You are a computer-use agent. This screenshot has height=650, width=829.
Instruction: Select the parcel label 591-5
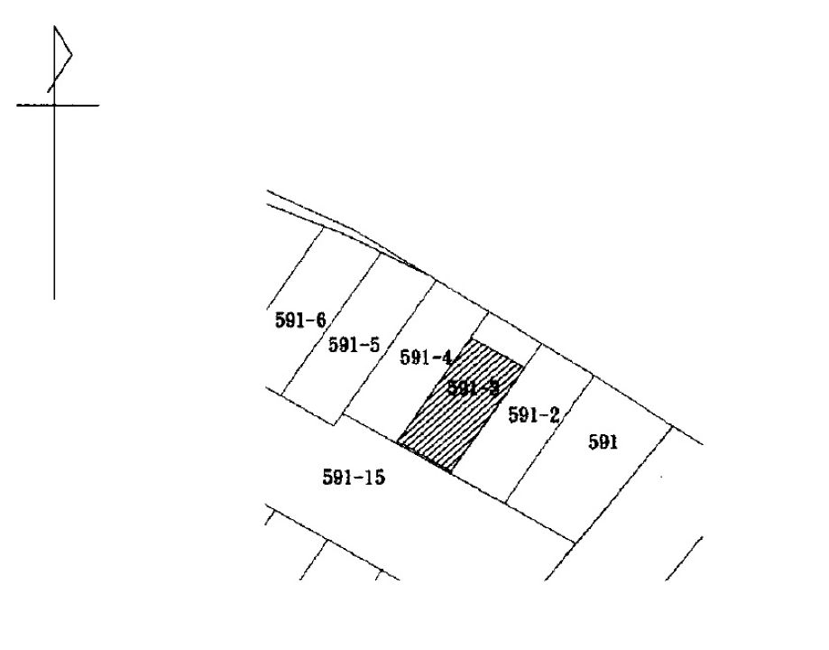pos(353,345)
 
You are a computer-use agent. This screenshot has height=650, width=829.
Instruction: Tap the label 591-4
pos(425,358)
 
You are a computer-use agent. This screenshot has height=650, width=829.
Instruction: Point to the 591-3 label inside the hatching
pos(473,389)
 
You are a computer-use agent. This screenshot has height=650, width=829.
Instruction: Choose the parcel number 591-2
pos(534,415)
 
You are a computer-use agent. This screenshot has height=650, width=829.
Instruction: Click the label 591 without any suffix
pos(603,442)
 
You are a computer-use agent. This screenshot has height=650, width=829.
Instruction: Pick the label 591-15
pos(354,478)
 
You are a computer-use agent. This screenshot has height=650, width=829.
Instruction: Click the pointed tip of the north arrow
pos(55,27)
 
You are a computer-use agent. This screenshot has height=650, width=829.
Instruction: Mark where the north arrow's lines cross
pos(54,105)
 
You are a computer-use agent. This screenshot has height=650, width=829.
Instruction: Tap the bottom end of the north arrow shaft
pos(54,298)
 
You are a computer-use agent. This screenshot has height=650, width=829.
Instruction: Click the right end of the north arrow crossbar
pos(98,105)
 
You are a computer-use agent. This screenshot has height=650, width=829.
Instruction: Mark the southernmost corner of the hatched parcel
pos(449,471)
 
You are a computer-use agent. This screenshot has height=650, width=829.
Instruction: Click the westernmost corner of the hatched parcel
pos(398,442)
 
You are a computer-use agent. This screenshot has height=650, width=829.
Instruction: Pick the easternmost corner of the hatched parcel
pos(524,365)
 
